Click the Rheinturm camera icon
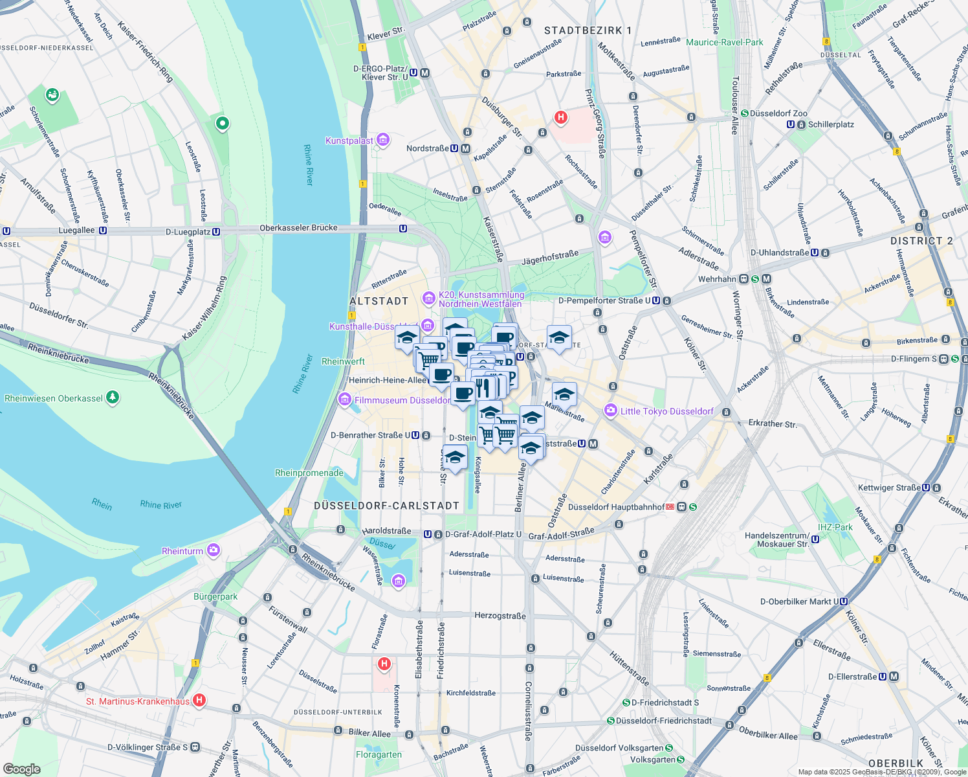click(x=214, y=551)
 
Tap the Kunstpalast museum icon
click(x=383, y=140)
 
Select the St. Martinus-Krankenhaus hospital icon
click(x=199, y=701)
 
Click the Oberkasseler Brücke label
click(x=298, y=228)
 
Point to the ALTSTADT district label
click(x=379, y=301)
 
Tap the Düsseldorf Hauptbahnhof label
click(x=616, y=507)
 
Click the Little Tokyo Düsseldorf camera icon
click(x=610, y=411)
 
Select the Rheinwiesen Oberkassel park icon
click(x=113, y=397)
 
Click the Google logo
click(x=22, y=769)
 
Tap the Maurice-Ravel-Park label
click(x=725, y=42)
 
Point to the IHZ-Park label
click(x=835, y=527)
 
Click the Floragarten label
click(x=379, y=754)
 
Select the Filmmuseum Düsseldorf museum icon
click(x=345, y=400)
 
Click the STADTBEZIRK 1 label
click(x=588, y=30)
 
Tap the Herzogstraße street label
click(x=500, y=616)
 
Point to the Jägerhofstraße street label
click(x=549, y=258)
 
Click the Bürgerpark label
click(x=215, y=596)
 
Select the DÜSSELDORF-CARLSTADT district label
click(x=386, y=506)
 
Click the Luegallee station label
click(x=76, y=230)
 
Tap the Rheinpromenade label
click(x=309, y=473)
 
